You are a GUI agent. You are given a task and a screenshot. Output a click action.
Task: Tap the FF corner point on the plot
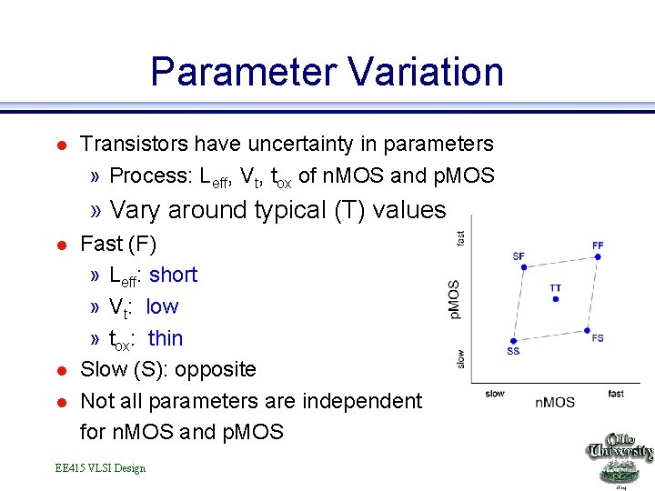[x=598, y=257]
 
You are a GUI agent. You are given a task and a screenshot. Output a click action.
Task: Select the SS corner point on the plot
[x=514, y=340]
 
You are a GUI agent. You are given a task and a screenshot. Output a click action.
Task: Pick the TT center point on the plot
[x=555, y=299]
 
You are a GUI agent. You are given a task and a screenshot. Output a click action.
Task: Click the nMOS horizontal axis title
[x=554, y=402]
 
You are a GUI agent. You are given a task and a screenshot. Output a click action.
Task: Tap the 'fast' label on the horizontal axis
[x=616, y=394]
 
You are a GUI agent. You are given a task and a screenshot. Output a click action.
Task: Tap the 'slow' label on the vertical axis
[x=461, y=359]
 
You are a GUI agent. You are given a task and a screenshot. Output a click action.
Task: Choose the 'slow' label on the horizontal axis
[x=495, y=394]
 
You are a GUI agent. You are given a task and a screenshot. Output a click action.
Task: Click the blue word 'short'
[x=173, y=275]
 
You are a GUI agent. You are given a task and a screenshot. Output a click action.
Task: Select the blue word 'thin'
[x=165, y=338]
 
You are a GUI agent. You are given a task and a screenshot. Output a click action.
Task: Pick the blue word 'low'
[x=162, y=306]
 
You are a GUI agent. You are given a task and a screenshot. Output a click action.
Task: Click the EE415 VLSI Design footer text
[x=99, y=467]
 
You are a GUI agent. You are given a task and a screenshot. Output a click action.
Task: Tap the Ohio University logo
[x=619, y=459]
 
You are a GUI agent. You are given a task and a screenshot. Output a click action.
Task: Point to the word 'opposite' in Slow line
[x=218, y=369]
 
